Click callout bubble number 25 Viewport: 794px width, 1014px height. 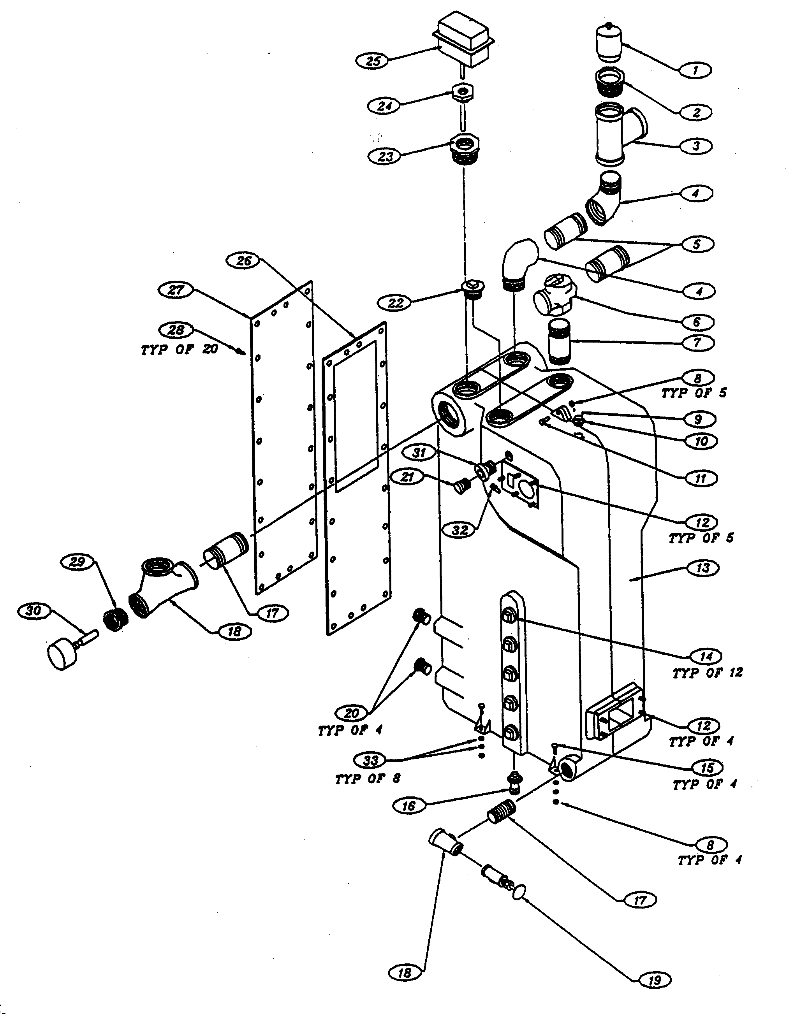[x=373, y=61]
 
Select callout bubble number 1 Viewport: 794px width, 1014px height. [x=695, y=70]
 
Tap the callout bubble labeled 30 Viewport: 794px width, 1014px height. [x=33, y=611]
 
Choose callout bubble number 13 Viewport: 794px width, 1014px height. [x=702, y=568]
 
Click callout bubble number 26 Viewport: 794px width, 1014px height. [x=244, y=261]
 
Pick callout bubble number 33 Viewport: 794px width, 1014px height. [x=370, y=760]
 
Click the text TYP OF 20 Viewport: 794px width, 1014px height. [x=180, y=349]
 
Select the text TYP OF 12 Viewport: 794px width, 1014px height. [x=708, y=673]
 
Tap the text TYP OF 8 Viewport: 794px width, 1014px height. [x=367, y=779]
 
